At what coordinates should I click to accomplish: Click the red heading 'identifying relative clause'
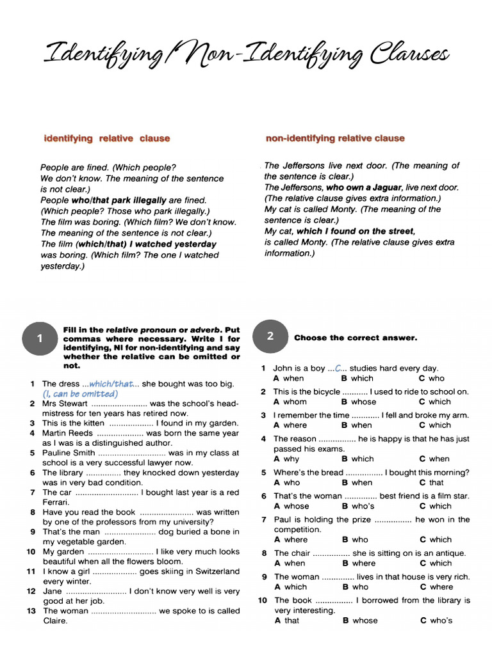click(x=106, y=138)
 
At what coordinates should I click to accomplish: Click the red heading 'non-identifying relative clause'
click(x=335, y=138)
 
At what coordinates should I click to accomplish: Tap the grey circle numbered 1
click(x=40, y=339)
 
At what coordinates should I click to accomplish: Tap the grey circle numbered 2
click(x=270, y=336)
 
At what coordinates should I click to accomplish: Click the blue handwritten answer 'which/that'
click(x=112, y=384)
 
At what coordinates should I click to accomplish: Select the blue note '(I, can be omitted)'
click(x=80, y=394)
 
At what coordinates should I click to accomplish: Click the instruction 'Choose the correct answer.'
click(x=355, y=338)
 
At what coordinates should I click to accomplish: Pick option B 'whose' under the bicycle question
click(x=359, y=402)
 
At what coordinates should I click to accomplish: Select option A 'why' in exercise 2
click(x=286, y=459)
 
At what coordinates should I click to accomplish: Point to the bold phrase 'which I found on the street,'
click(x=356, y=231)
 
